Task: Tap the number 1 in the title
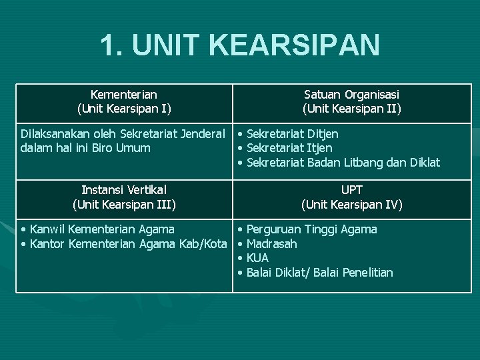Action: click(107, 45)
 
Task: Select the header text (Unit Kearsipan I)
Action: click(123, 108)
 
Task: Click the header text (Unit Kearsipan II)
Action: click(352, 108)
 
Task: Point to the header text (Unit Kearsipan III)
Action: click(124, 204)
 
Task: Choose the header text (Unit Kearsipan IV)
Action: click(352, 204)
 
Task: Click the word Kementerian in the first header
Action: click(123, 95)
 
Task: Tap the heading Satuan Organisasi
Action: click(352, 95)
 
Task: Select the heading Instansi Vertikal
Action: click(124, 190)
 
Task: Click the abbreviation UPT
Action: click(352, 190)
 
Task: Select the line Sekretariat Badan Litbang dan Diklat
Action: click(343, 162)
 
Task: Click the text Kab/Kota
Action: click(203, 244)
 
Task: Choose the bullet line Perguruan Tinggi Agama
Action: click(311, 229)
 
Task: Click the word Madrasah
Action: click(271, 244)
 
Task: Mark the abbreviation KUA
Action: click(257, 258)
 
